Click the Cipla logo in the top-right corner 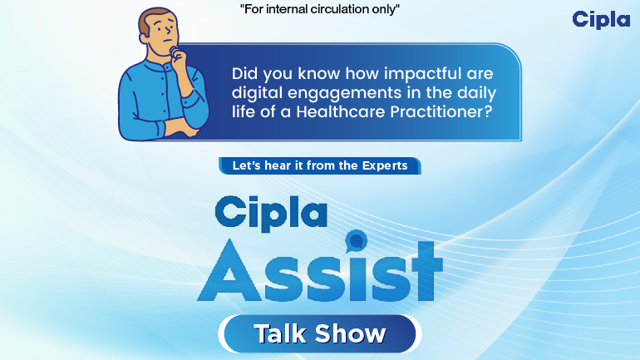point(602,19)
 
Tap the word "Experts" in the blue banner point(385,165)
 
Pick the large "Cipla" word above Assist point(269,211)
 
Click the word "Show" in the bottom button point(352,334)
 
